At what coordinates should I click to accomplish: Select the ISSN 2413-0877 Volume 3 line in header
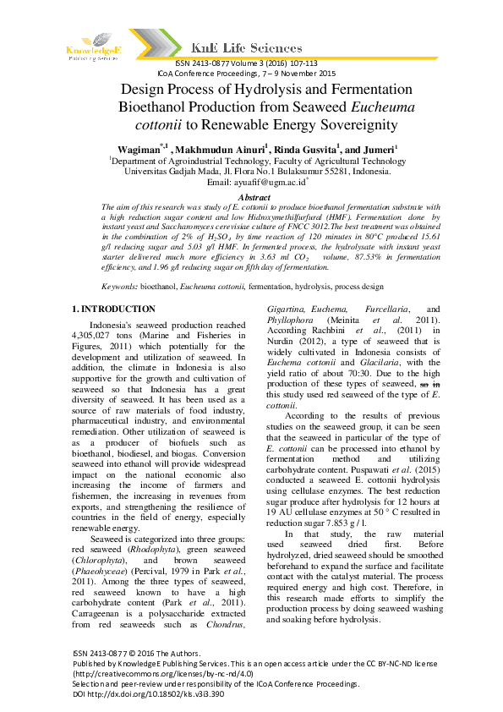[x=246, y=63]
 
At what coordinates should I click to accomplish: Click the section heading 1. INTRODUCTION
[x=114, y=309]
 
